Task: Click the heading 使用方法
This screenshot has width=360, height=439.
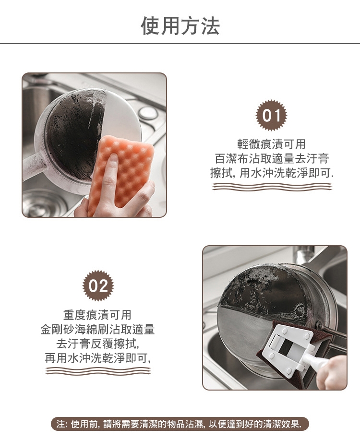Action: [180, 25]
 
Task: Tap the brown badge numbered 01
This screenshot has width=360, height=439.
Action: [272, 115]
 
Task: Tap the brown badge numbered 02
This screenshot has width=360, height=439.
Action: [98, 285]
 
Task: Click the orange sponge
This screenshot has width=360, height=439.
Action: [120, 174]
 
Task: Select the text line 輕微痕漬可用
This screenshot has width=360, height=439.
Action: [271, 144]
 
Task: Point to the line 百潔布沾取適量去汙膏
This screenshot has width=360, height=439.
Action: [272, 159]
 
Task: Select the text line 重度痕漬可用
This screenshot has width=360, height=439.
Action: [97, 315]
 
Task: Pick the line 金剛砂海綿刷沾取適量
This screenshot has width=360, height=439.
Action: [97, 329]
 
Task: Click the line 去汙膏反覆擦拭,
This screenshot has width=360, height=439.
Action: [98, 344]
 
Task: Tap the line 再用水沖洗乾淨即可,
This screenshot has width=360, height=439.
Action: [98, 358]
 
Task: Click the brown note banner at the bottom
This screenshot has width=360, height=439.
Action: [180, 424]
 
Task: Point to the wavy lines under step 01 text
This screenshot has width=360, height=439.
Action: [272, 187]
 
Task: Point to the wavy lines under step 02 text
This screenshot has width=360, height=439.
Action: [98, 371]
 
